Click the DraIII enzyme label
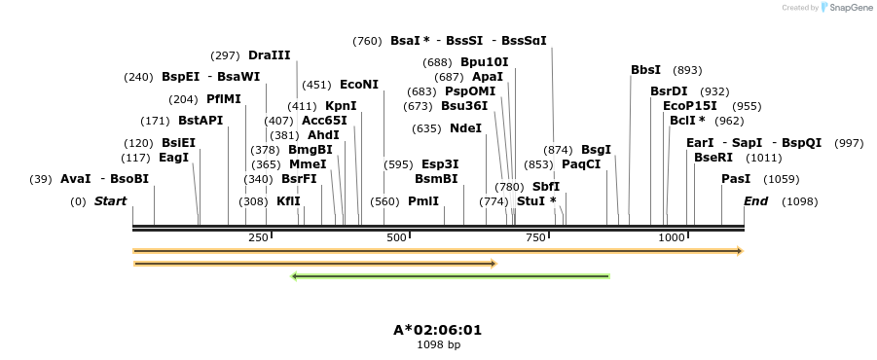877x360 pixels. pyautogui.click(x=269, y=55)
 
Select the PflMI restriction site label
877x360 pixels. pyautogui.click(x=223, y=99)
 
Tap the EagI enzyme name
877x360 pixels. pyautogui.click(x=173, y=158)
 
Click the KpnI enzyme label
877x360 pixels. pyautogui.click(x=341, y=106)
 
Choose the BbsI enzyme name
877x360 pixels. pyautogui.click(x=645, y=70)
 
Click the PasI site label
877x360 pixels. pyautogui.click(x=736, y=179)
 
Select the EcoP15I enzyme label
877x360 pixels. pyautogui.click(x=689, y=106)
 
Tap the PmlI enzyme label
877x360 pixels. pyautogui.click(x=423, y=201)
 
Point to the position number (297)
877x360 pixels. pyautogui.click(x=225, y=55)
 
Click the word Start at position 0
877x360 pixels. pyautogui.click(x=110, y=201)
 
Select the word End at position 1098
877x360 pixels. pyautogui.click(x=755, y=201)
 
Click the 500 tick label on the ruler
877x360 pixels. pyautogui.click(x=396, y=238)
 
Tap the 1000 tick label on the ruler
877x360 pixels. pyautogui.click(x=671, y=238)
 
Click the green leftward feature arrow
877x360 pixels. pyautogui.click(x=451, y=276)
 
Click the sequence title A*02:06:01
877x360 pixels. pyautogui.click(x=437, y=330)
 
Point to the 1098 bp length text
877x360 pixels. pyautogui.click(x=438, y=344)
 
